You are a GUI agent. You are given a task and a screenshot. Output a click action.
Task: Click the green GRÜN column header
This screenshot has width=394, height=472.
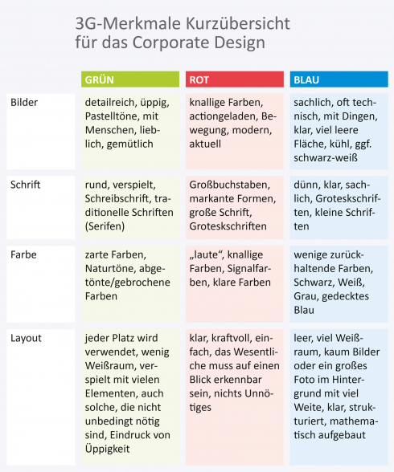[x=130, y=79]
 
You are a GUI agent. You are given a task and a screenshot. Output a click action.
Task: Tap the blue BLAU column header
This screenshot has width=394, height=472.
[x=338, y=79]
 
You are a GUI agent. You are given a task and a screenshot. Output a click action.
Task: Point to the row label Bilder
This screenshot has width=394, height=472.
[x=24, y=103]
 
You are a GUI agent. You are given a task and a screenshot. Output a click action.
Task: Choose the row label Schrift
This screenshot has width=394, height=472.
[x=26, y=184]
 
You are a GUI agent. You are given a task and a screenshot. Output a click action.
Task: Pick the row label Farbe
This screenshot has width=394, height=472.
[x=23, y=254]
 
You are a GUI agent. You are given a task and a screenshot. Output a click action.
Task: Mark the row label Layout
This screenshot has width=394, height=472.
[x=27, y=337]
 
